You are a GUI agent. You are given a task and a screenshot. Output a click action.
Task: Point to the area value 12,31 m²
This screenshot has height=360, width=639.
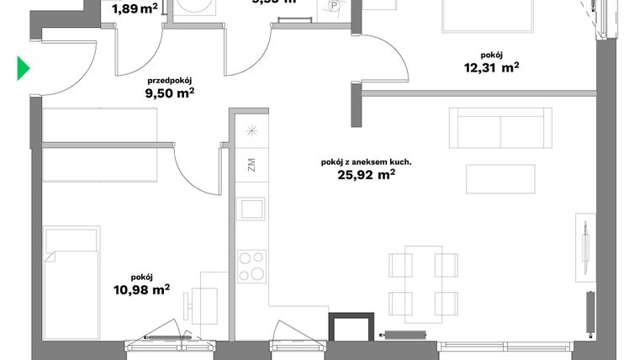tap(492, 69)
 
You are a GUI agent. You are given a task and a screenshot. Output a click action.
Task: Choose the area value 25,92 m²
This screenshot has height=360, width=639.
tap(366, 176)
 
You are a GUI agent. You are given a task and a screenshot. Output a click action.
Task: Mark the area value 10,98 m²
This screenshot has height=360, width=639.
tap(142, 289)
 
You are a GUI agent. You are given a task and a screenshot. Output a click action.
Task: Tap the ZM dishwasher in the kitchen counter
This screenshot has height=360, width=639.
tap(251, 164)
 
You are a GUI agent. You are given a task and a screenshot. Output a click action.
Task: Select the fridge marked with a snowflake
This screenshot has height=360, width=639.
tap(251, 130)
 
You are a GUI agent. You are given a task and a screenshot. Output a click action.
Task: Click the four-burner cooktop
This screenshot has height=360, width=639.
tap(251, 267)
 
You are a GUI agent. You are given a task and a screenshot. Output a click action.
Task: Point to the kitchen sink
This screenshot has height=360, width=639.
tap(251, 208)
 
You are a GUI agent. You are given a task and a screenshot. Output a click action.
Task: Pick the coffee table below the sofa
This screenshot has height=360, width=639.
tap(501, 179)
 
